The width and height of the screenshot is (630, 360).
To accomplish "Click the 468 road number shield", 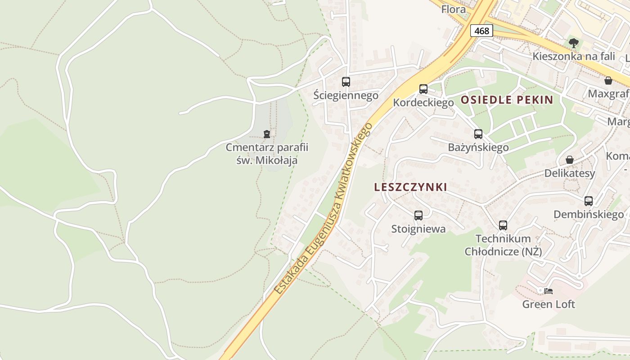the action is click(x=481, y=31).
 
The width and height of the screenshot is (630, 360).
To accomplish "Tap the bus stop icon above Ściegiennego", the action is click(x=346, y=82).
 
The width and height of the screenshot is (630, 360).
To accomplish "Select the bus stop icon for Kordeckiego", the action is click(x=423, y=89).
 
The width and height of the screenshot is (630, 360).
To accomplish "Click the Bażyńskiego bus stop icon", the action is click(x=478, y=134).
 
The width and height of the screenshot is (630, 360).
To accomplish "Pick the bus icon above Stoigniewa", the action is click(x=418, y=216).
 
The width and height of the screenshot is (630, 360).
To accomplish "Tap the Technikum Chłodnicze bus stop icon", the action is click(x=503, y=225).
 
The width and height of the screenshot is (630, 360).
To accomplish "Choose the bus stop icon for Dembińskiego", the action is click(x=589, y=201).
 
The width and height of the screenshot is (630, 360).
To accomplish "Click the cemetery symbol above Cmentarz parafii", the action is click(x=267, y=134).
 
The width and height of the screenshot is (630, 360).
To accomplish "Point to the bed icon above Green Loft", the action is click(x=548, y=291).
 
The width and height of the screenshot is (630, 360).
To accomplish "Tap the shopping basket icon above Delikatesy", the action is click(x=570, y=160).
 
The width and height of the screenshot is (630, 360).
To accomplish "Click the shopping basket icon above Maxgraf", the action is click(x=608, y=81).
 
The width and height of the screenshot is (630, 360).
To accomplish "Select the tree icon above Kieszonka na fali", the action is click(x=573, y=43).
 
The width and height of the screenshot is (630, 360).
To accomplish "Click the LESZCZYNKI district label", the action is click(x=410, y=187).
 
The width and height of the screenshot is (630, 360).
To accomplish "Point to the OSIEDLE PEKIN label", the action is click(x=507, y=100).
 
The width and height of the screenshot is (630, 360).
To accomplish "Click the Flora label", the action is click(x=454, y=9).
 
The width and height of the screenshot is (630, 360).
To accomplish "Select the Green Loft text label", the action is click(x=549, y=304).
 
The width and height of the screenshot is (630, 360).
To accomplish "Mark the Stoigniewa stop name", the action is click(x=418, y=229).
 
